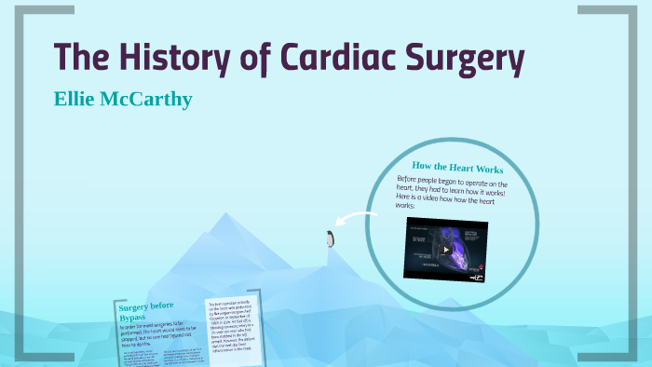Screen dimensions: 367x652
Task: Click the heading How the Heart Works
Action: [457, 169]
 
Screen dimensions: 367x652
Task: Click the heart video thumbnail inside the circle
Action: [445, 249]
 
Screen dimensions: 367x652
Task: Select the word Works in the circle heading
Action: [490, 170]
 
